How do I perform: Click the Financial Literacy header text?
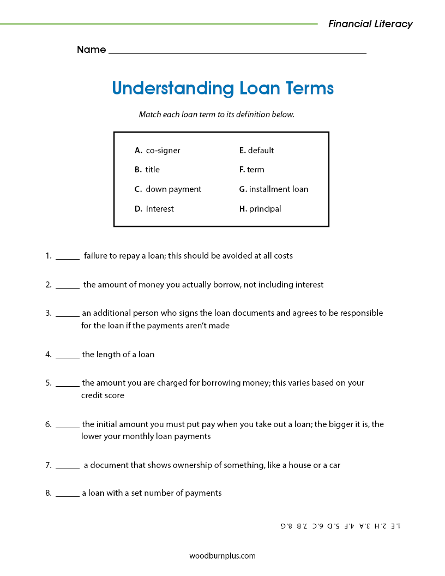[370, 24]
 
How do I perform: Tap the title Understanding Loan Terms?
[222, 88]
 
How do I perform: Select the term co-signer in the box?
[163, 151]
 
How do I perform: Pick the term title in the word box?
[152, 170]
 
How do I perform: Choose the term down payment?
[173, 189]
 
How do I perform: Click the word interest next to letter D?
[160, 209]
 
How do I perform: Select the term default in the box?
[261, 151]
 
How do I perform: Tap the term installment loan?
[278, 189]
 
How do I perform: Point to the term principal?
[265, 209]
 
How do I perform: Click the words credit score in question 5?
[103, 395]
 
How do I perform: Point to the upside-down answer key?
[340, 526]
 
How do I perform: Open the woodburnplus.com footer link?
[222, 556]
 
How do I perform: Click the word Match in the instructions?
[150, 115]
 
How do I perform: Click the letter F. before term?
[242, 170]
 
